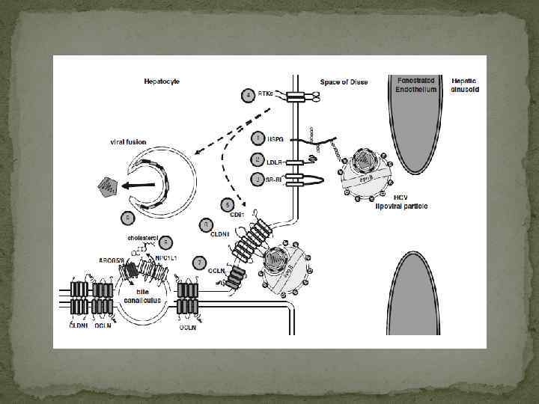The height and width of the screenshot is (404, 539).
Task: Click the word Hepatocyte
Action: click(x=162, y=81)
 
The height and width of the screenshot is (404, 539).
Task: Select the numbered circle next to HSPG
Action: click(x=258, y=138)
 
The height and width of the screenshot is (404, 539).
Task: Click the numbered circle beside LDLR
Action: click(x=258, y=159)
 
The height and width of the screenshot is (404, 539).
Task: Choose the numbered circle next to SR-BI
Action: click(x=258, y=180)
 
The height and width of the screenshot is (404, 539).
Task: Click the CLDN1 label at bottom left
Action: click(x=78, y=325)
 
